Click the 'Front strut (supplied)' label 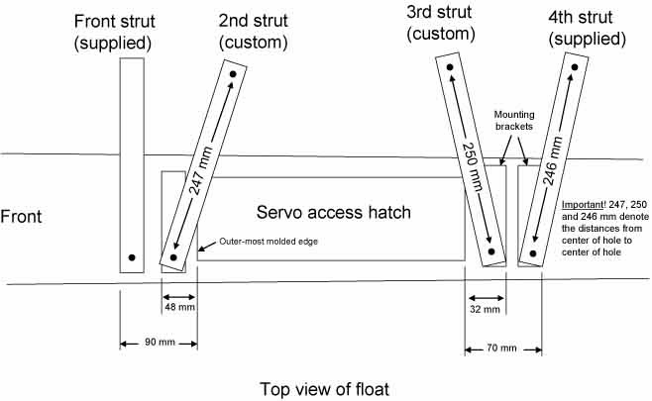[x=114, y=33]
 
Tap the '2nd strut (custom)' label [x=254, y=32]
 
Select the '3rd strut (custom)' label [x=440, y=23]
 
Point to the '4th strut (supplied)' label [x=587, y=28]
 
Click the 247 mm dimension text [x=201, y=170]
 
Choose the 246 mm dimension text [x=553, y=160]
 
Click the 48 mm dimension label [x=179, y=307]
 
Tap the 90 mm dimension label [x=160, y=342]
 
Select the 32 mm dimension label [x=485, y=309]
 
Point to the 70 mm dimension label [x=501, y=348]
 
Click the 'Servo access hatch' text [x=334, y=212]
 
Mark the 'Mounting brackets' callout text [x=514, y=121]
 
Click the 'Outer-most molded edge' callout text [x=269, y=242]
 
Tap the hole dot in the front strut [x=132, y=257]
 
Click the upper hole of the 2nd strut [x=233, y=74]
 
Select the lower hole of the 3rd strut [x=491, y=251]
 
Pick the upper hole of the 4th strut [x=575, y=67]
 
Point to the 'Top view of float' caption [x=325, y=389]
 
